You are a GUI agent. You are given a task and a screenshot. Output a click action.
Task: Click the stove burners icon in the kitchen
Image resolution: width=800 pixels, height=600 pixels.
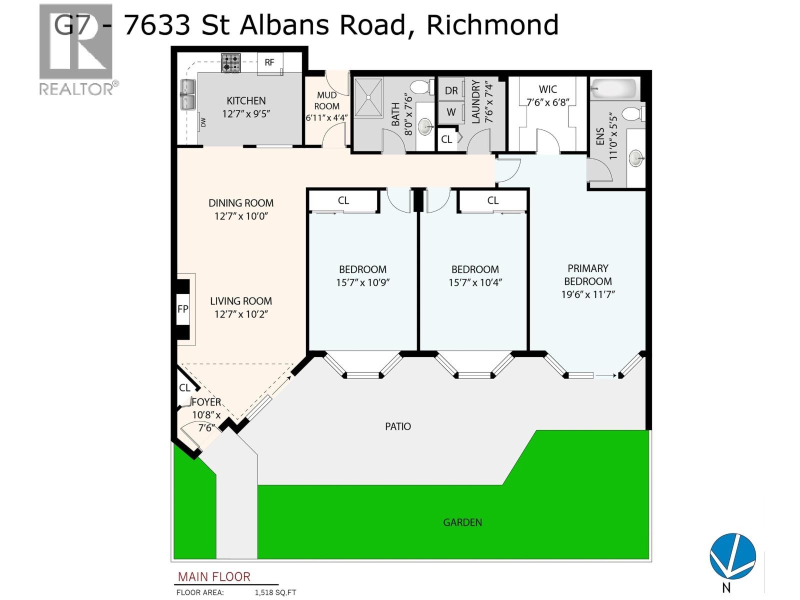pyautogui.click(x=230, y=62)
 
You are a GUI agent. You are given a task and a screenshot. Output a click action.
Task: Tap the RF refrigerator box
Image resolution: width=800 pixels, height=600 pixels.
pyautogui.click(x=269, y=62)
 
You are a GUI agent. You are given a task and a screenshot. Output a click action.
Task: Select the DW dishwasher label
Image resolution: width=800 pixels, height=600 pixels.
pyautogui.click(x=203, y=122)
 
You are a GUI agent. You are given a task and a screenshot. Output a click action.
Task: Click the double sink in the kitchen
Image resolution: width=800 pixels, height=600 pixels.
pyautogui.click(x=188, y=95)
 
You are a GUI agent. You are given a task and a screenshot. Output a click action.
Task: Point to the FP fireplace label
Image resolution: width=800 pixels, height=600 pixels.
pyautogui.click(x=183, y=309)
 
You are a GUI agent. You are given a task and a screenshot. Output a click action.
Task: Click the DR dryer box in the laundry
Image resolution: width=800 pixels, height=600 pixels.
pyautogui.click(x=451, y=90)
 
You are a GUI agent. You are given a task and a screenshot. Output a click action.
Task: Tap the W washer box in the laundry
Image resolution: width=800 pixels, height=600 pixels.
pyautogui.click(x=451, y=112)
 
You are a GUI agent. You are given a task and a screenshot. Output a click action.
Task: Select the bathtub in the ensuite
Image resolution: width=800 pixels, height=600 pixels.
pyautogui.click(x=613, y=89)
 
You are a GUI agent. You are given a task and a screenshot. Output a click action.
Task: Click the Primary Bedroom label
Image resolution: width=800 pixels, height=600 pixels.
pyautogui.click(x=587, y=274)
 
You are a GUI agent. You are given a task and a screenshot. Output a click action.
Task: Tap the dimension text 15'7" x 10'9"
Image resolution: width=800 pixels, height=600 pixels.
pyautogui.click(x=362, y=282)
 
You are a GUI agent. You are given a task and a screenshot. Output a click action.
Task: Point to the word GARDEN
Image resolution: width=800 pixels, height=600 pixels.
pyautogui.click(x=462, y=522)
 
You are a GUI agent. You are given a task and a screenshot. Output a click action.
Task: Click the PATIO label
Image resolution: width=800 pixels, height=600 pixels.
pyautogui.click(x=398, y=426)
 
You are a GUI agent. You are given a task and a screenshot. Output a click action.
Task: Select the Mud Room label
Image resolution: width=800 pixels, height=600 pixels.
pyautogui.click(x=326, y=100)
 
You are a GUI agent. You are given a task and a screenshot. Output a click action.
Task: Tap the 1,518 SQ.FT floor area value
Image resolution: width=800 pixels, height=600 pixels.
pyautogui.click(x=275, y=592)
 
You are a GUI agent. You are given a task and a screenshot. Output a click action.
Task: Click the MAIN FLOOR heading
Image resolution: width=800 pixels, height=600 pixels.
pyautogui.click(x=214, y=576)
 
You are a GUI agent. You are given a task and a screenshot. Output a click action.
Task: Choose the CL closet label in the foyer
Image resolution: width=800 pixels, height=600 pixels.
pyautogui.click(x=184, y=387)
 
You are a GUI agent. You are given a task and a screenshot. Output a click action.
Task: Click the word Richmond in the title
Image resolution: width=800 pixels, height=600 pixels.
pyautogui.click(x=492, y=24)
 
